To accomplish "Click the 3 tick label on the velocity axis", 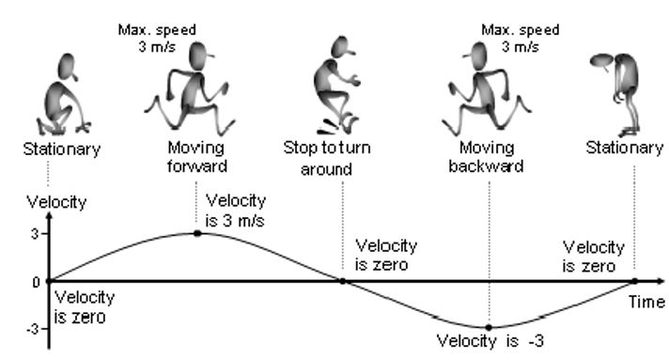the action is coord(34,234).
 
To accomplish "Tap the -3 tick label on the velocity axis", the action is coord(32,329).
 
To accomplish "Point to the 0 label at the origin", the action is coord(37,282).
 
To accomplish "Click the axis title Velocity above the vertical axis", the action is coord(56,202).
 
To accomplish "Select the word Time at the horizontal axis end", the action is coord(646,302).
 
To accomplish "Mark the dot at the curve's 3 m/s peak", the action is coord(197,233).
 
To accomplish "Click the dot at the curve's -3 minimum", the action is coord(489,327).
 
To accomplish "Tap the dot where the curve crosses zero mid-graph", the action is coord(343,281).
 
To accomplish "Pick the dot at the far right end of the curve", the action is coord(634,281).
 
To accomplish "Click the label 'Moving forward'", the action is coord(196,157).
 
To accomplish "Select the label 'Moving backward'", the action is coord(486,157).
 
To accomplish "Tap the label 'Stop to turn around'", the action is coord(327,158).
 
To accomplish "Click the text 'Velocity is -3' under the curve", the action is coord(490,341).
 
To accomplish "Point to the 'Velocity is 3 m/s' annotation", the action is coord(236,211).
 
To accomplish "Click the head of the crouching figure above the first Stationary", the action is coord(68,67).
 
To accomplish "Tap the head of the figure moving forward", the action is coord(200,55).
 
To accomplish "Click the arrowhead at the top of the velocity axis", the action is coord(49,215).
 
